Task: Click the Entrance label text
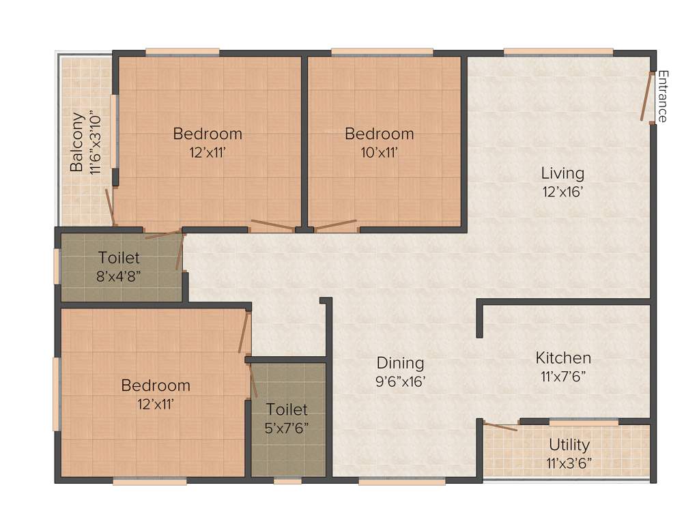point(662,96)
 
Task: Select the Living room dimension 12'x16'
point(562,192)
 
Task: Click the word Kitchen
point(563,358)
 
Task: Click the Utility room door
point(500,427)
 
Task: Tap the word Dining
point(401,363)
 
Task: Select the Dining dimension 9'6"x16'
point(401,381)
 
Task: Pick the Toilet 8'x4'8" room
point(119,267)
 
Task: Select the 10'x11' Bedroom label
point(379,134)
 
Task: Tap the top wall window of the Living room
point(558,51)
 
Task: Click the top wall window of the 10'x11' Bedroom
point(382,51)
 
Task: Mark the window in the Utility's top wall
point(584,422)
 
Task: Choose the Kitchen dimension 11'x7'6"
point(563,375)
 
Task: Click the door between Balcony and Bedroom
point(109,207)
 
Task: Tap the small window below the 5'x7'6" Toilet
point(287,481)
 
